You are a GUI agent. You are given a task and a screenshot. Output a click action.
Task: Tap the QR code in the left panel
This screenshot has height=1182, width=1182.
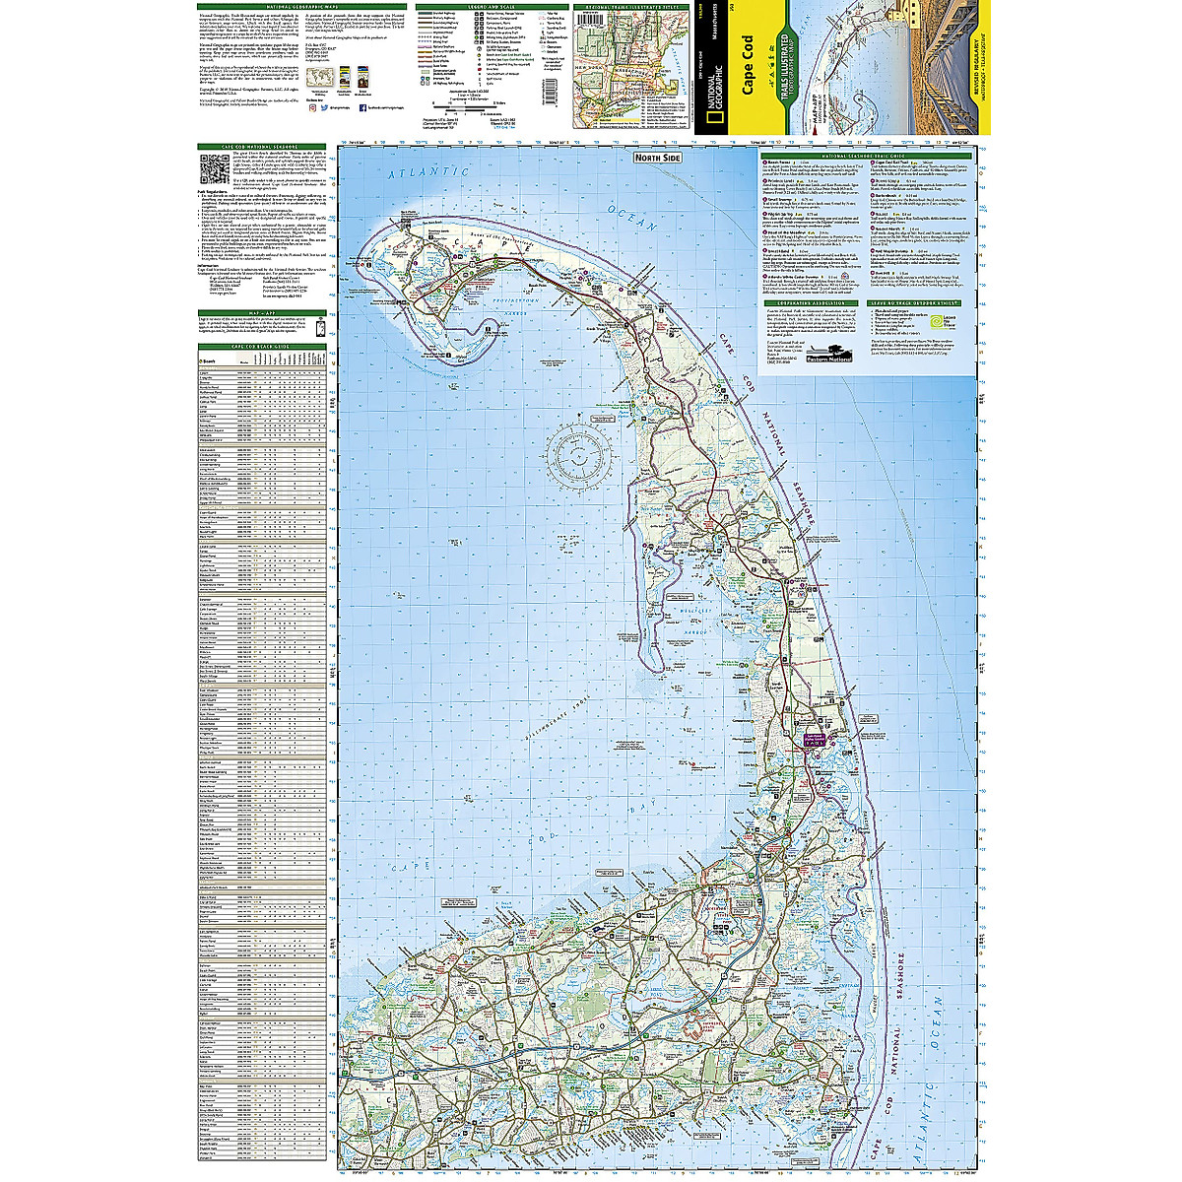[x=214, y=169]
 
